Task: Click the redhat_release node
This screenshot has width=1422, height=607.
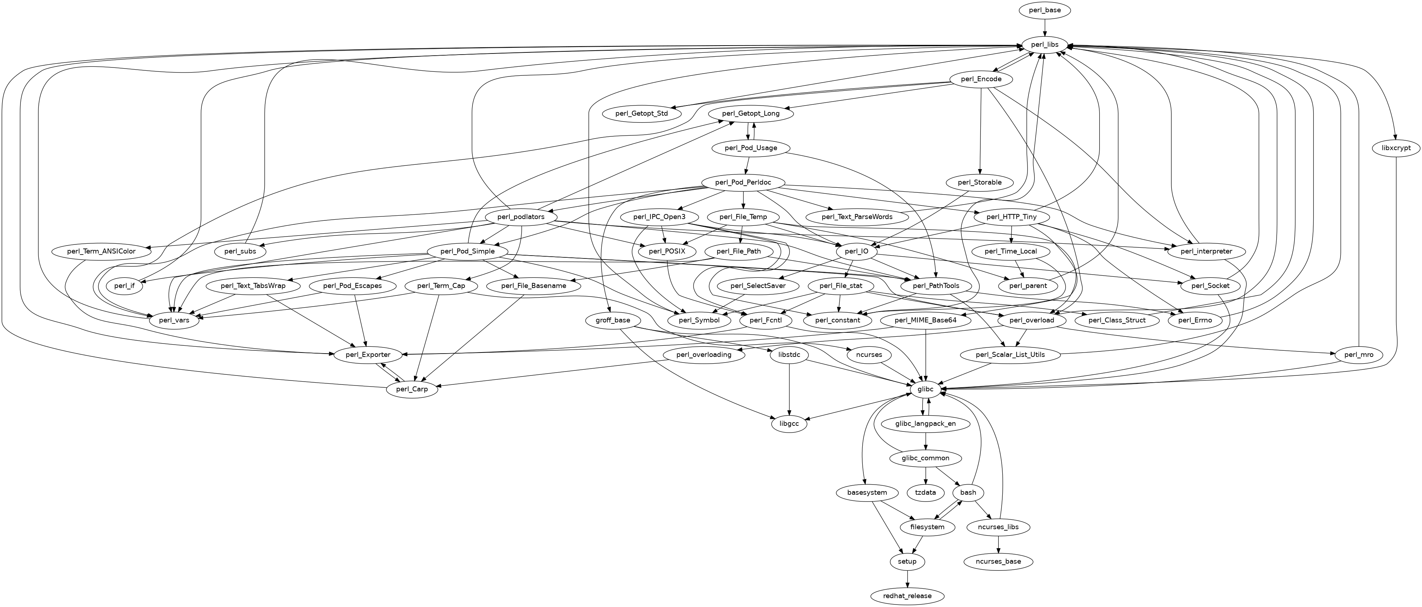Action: (x=908, y=596)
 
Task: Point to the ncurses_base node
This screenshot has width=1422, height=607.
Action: (x=998, y=561)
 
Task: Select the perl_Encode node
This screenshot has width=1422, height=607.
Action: (x=981, y=79)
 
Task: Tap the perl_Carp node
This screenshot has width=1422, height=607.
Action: (x=412, y=389)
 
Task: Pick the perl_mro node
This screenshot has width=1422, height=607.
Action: (x=1356, y=355)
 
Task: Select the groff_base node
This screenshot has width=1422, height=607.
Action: (x=613, y=320)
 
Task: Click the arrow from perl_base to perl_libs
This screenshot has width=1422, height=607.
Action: (x=1044, y=27)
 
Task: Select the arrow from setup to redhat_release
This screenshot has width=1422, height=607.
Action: (x=908, y=578)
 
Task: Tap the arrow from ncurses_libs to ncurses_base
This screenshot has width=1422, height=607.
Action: (x=998, y=544)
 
